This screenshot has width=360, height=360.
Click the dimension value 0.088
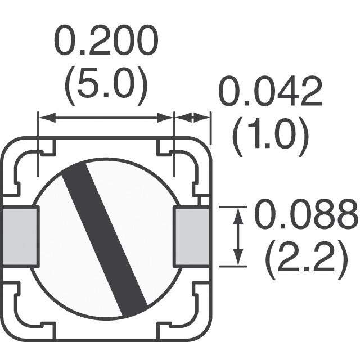point(307,214)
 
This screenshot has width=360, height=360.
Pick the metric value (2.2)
point(307,258)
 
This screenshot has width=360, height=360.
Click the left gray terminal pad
point(20,236)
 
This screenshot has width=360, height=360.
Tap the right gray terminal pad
point(192,236)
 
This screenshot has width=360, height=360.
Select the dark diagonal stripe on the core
point(105,236)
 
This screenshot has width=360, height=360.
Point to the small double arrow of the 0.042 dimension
point(192,118)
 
